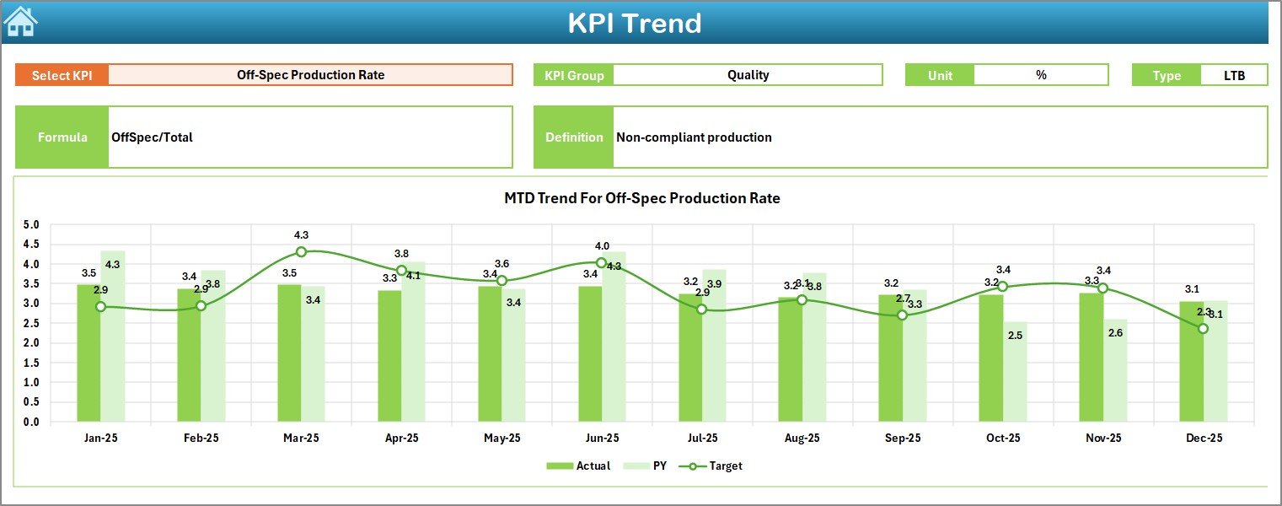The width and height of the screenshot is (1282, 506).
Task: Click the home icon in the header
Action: coord(20,21)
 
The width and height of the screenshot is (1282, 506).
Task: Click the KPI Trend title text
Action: coord(635,23)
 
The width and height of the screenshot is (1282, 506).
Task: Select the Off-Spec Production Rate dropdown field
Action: coord(310,75)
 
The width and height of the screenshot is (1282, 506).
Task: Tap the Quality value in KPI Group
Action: coord(748,75)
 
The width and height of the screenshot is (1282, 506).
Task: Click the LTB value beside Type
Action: coord(1234,75)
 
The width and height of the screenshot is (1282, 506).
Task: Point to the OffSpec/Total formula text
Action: coord(152,137)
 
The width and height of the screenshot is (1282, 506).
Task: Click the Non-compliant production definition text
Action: coord(694,137)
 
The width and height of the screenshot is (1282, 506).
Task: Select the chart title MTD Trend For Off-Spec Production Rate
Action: coord(641,198)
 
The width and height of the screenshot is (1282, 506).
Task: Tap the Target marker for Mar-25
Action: coord(301,251)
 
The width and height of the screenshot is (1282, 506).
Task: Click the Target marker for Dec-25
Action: coord(1203,328)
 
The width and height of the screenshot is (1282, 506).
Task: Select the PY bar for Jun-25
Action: coord(614,336)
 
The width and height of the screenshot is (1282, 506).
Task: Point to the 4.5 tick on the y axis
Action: coord(31,245)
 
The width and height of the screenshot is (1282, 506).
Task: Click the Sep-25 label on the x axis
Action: coord(902,439)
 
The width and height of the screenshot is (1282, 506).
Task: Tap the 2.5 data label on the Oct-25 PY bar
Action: coord(1015,336)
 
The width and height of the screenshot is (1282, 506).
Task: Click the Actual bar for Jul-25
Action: coord(690,358)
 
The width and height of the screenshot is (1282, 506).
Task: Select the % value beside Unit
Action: coord(1041,75)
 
